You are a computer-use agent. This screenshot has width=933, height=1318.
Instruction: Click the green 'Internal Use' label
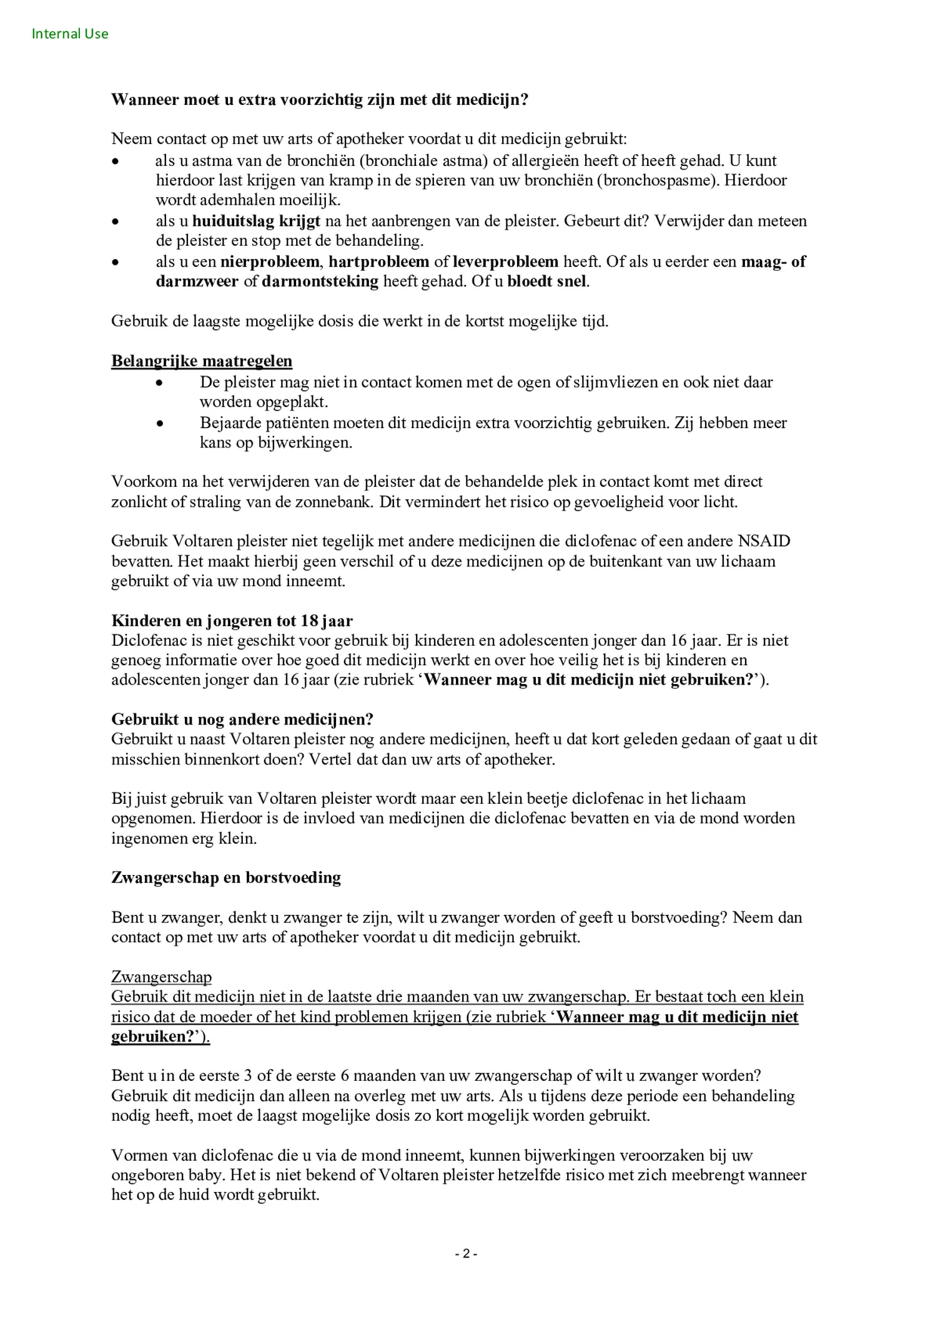pos(70,34)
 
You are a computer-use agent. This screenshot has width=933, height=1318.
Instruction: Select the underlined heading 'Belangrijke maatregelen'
pos(201,361)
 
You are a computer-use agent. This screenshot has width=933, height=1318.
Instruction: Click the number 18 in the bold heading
pos(309,620)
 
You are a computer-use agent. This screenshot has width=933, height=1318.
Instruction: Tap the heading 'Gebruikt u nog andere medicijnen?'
pos(242,719)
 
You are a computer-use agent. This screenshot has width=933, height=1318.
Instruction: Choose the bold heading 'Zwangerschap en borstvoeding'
pos(226,877)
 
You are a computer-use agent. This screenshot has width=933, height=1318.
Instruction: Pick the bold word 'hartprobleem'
pos(378,261)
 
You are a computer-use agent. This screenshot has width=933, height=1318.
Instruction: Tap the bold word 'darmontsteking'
pos(320,281)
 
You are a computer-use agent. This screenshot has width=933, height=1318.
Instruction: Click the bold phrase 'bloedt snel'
pos(546,281)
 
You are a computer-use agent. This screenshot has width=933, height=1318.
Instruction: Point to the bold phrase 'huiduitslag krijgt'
pos(256,221)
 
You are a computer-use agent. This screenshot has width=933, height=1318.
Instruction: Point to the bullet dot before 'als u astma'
pos(114,161)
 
